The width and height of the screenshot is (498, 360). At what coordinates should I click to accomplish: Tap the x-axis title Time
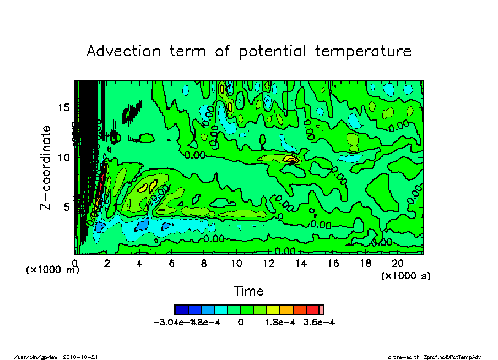coord(248,291)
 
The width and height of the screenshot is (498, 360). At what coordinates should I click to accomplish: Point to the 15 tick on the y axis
coord(64,107)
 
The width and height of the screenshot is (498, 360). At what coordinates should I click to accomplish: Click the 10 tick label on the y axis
coord(64,157)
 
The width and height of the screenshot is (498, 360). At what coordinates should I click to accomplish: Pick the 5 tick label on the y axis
coord(67,208)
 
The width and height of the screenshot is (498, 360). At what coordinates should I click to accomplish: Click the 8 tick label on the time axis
coord(204,264)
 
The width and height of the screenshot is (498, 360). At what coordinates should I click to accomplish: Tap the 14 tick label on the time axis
coord(301,264)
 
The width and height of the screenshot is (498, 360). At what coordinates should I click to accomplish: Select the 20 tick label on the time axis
coord(397,264)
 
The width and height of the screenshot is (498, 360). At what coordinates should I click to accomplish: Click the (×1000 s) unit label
coord(405,275)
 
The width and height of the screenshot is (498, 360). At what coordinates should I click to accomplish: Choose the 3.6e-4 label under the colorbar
coord(320,323)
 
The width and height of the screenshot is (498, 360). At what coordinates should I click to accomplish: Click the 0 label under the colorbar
coord(241,323)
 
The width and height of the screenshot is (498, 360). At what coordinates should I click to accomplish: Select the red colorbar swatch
coord(312,309)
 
